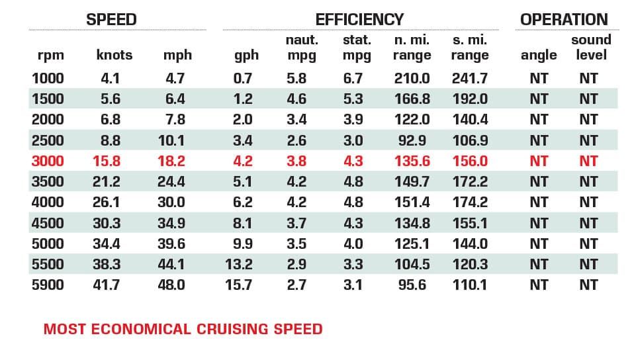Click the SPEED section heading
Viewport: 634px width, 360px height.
click(x=111, y=19)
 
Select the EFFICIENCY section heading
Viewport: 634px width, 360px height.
click(x=359, y=19)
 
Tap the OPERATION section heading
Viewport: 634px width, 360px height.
click(x=564, y=19)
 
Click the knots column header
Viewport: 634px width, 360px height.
click(x=114, y=55)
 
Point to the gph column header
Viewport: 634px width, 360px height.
click(x=246, y=55)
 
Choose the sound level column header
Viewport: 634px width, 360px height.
click(x=591, y=47)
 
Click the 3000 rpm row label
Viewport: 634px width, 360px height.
click(x=47, y=161)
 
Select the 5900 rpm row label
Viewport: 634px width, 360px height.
click(x=47, y=285)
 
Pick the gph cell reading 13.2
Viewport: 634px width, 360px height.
click(x=238, y=264)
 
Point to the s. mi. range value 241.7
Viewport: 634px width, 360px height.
click(x=469, y=78)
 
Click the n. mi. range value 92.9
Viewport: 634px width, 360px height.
click(x=412, y=140)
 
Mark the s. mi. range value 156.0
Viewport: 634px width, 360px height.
click(x=469, y=161)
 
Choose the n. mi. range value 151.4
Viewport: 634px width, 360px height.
click(x=412, y=202)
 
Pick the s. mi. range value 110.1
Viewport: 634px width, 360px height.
click(x=469, y=285)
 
